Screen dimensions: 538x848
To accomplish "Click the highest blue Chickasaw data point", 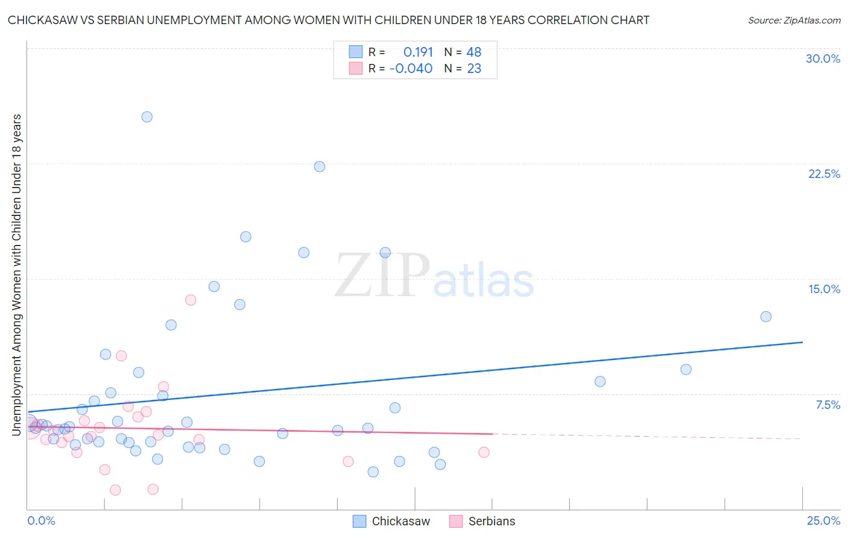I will pos(147,117).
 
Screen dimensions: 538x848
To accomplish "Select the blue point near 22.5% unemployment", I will pos(320,166).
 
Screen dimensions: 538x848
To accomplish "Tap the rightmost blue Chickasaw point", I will pos(766,317).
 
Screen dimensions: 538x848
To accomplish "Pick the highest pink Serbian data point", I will pos(191,300).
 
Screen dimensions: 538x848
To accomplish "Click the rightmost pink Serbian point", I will pos(484,452).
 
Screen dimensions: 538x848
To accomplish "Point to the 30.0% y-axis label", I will pos(823,59).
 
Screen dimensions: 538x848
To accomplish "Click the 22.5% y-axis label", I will pos(824,174).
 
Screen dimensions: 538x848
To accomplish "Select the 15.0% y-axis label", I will pos(824,289).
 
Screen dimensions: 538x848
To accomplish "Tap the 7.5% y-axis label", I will pos(827,405).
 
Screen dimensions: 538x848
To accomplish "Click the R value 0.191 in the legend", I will pos(418,52).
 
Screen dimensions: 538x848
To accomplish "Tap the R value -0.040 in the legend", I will pos(411,69).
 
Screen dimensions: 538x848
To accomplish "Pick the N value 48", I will pos(474,52).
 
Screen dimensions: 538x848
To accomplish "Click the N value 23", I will pos(474,69).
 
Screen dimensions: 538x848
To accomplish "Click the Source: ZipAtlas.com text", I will pos(794,21).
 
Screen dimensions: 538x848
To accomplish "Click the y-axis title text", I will pos(16,274).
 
